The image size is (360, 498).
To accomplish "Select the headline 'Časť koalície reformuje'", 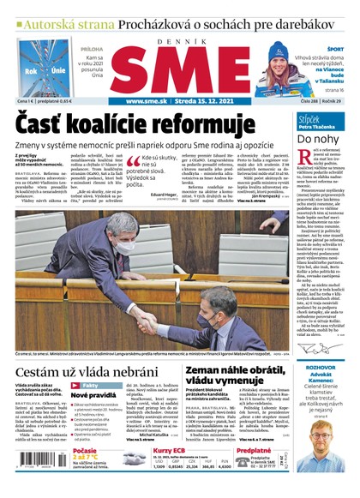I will pyautogui.click(x=142, y=124).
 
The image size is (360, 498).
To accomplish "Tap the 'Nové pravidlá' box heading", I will pyautogui.click(x=99, y=395).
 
